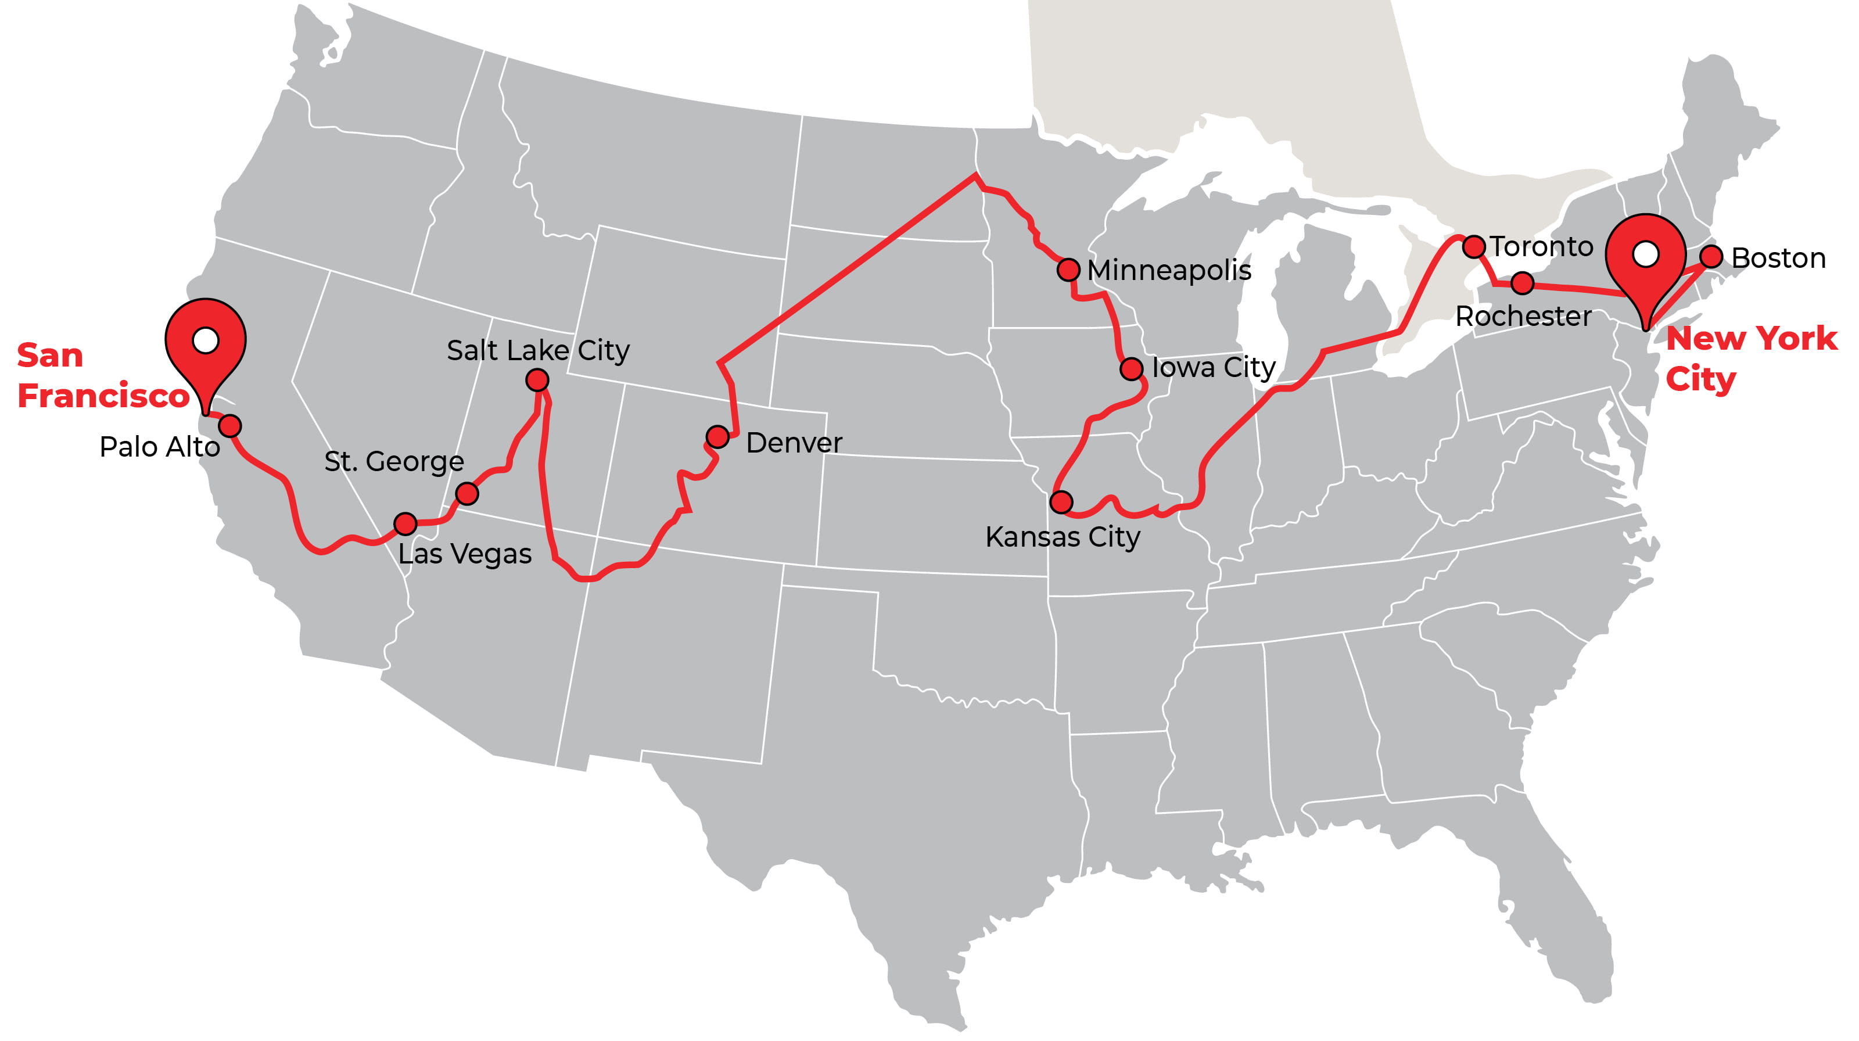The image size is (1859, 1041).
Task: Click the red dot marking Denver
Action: click(x=717, y=436)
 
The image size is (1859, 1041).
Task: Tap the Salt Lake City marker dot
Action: click(x=537, y=379)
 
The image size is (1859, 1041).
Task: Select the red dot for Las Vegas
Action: click(x=405, y=524)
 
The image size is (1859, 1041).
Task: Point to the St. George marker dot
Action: click(x=467, y=493)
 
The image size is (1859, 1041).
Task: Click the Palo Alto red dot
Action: click(x=229, y=426)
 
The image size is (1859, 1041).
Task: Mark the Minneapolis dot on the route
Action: click(x=1068, y=270)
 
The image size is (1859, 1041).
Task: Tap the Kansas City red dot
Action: click(x=1061, y=502)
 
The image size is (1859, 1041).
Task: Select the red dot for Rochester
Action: click(x=1522, y=283)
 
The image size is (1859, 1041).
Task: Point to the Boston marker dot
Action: click(x=1711, y=256)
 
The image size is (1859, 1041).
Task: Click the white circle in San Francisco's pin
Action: click(x=206, y=340)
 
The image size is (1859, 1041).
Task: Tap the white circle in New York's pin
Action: click(x=1645, y=253)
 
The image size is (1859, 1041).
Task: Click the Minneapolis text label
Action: click(x=1168, y=271)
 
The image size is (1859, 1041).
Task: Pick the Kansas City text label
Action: click(x=1063, y=537)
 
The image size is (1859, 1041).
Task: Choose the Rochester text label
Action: click(x=1523, y=317)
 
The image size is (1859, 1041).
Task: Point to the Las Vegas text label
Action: click(x=465, y=554)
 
